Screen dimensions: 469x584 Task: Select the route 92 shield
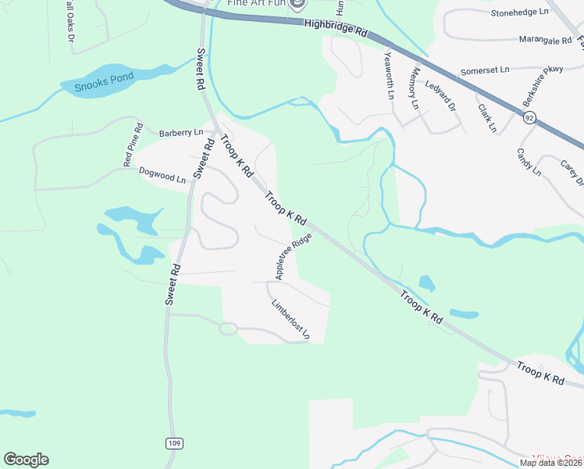coord(529,118)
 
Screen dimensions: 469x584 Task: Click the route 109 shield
coord(174,443)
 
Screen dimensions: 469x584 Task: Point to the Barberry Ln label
coord(180,133)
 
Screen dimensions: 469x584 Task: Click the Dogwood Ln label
coord(162,174)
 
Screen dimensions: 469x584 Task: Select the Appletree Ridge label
coord(293,256)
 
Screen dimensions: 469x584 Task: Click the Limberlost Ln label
coord(290,320)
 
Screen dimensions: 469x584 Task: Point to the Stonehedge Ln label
coord(520,13)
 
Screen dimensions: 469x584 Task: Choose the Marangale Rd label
coord(527,40)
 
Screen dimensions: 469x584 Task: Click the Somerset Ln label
coord(484,70)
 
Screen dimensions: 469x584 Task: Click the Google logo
coord(26,460)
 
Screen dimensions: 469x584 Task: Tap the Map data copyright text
coord(550,463)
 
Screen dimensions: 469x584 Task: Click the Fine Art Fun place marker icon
coord(297,5)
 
